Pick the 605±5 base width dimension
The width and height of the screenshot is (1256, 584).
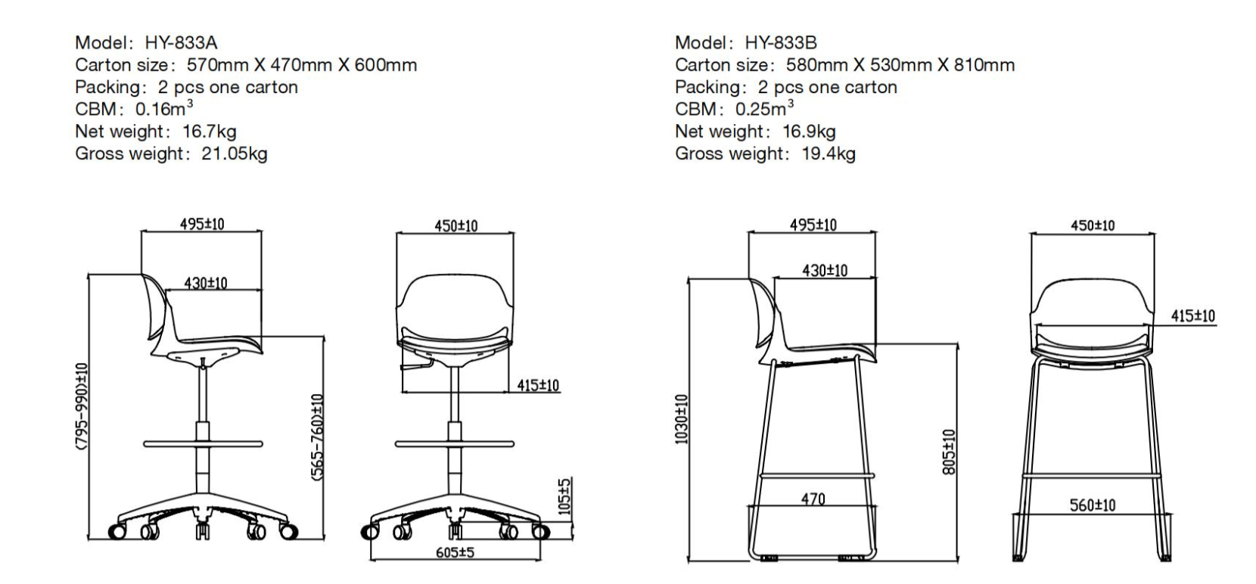pyautogui.click(x=455, y=552)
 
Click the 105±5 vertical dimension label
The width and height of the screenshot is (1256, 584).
pyautogui.click(x=565, y=496)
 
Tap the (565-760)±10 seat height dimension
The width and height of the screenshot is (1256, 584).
pyautogui.click(x=318, y=437)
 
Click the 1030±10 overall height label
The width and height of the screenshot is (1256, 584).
pyautogui.click(x=681, y=419)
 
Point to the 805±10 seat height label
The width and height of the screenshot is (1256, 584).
pyautogui.click(x=950, y=452)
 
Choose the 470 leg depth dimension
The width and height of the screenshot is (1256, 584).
pyautogui.click(x=813, y=499)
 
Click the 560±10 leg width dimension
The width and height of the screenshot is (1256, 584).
pyautogui.click(x=1092, y=505)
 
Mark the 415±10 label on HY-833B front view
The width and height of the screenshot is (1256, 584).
pyautogui.click(x=1193, y=316)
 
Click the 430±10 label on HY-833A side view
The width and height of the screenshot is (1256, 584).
pyautogui.click(x=206, y=283)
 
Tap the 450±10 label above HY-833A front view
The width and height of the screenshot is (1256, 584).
pyautogui.click(x=455, y=226)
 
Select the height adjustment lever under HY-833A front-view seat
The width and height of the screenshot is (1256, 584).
pyautogui.click(x=413, y=366)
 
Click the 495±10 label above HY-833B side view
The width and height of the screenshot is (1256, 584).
pyautogui.click(x=813, y=225)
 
